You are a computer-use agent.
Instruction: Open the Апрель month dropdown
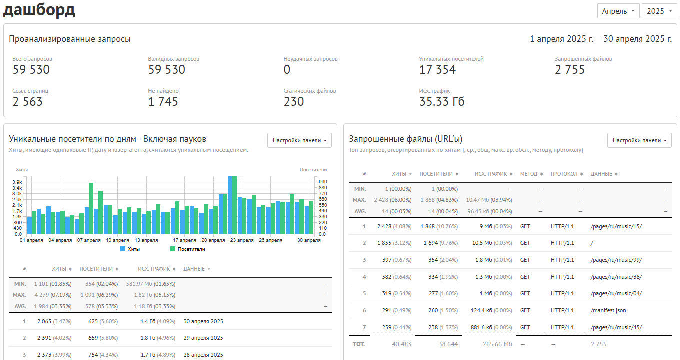[x=618, y=11]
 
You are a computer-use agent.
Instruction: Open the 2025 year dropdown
[x=659, y=11]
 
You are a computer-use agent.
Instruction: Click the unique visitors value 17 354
[x=437, y=70]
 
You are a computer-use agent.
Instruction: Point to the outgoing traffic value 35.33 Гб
[x=442, y=101]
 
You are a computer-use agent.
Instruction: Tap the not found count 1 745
[x=163, y=101]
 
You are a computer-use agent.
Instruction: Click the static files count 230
[x=294, y=101]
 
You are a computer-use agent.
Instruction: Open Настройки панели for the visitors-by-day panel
[x=299, y=140]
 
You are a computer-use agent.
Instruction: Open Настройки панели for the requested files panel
[x=639, y=140]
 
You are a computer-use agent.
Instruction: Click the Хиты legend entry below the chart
[x=130, y=249]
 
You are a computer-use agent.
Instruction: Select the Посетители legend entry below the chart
[x=188, y=249]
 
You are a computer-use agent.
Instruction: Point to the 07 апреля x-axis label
[x=89, y=240]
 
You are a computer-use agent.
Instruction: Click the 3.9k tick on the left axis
[x=17, y=182]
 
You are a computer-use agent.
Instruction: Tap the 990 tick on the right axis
[x=323, y=182]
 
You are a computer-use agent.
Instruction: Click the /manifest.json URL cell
[x=608, y=310]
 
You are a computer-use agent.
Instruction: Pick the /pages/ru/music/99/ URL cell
[x=616, y=260]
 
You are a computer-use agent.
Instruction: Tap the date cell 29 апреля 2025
[x=203, y=338]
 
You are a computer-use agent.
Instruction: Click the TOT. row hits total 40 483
[x=401, y=344]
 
